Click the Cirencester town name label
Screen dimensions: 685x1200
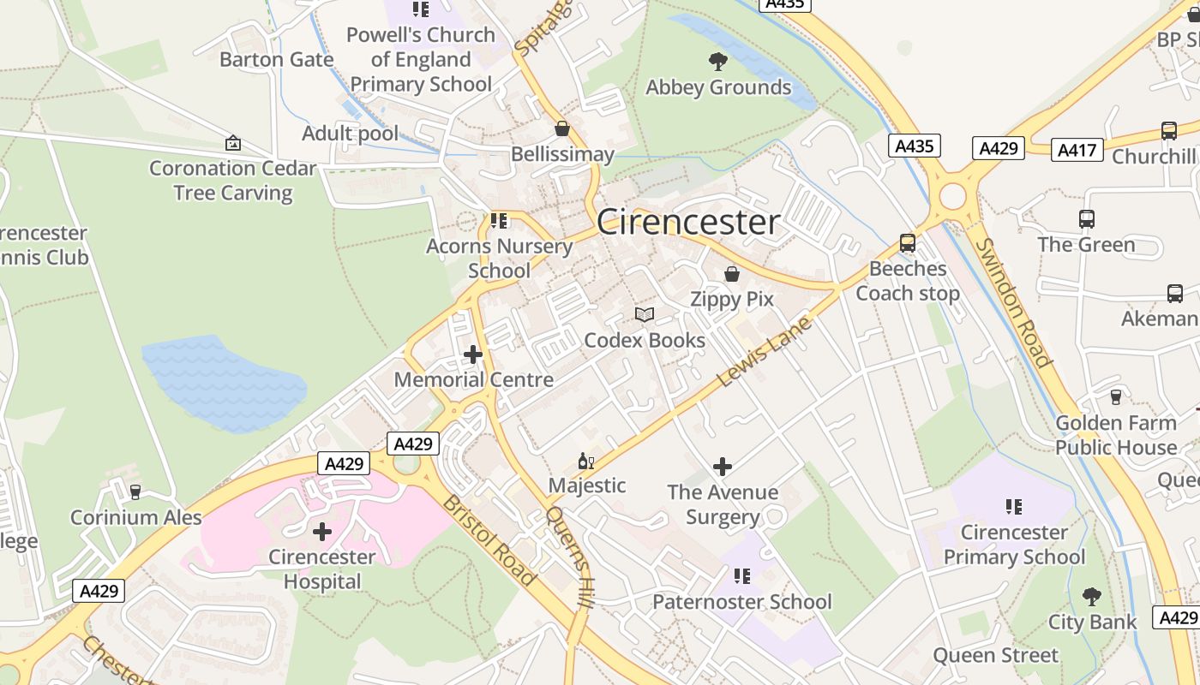pyautogui.click(x=688, y=223)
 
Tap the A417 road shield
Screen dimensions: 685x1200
pyautogui.click(x=1077, y=150)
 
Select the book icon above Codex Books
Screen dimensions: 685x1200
pyautogui.click(x=645, y=315)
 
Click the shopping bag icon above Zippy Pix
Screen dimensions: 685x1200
pyautogui.click(x=732, y=274)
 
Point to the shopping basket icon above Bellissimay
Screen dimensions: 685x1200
pyautogui.click(x=562, y=129)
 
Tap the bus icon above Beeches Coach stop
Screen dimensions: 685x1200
pyautogui.click(x=908, y=243)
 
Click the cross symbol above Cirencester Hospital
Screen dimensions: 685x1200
pyautogui.click(x=322, y=532)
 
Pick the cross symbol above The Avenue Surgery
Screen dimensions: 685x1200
pyautogui.click(x=723, y=467)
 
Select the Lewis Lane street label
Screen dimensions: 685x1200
pyautogui.click(x=762, y=352)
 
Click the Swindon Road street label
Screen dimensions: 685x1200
pyautogui.click(x=1013, y=301)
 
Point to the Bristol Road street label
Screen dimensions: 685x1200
pyautogui.click(x=489, y=539)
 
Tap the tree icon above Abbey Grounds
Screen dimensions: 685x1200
pyautogui.click(x=718, y=62)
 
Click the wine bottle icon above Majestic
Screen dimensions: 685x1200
pyautogui.click(x=586, y=462)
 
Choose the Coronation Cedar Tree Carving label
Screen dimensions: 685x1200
pyautogui.click(x=233, y=181)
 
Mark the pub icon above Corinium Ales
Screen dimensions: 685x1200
pyautogui.click(x=135, y=492)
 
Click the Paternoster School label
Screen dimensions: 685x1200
pyautogui.click(x=742, y=602)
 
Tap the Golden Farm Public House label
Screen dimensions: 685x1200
pyautogui.click(x=1116, y=435)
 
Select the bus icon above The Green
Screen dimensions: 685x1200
pyautogui.click(x=1087, y=219)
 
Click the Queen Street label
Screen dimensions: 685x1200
pyautogui.click(x=996, y=656)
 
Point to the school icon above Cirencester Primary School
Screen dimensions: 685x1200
pyautogui.click(x=1014, y=507)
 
